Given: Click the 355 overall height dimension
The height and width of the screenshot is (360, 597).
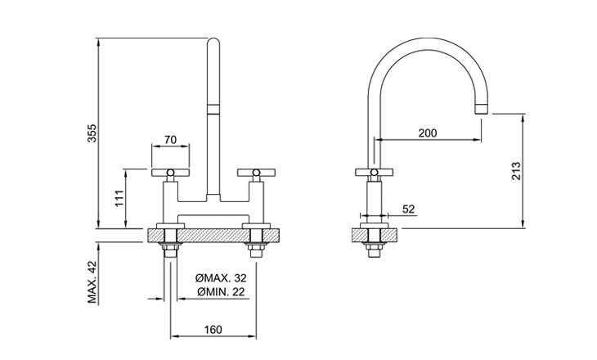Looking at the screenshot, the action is [x=92, y=133].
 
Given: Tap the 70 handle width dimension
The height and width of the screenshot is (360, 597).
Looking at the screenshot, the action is [x=171, y=140].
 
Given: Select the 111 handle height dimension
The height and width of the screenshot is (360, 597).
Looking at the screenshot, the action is [x=119, y=198].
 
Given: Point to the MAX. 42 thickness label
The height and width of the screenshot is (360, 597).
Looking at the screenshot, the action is [x=92, y=282].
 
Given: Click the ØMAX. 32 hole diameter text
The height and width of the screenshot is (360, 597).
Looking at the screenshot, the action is [x=221, y=278].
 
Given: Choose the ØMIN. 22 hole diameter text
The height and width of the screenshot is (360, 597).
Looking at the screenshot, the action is [x=221, y=292].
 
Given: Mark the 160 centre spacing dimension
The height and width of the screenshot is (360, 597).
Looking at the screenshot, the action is [x=213, y=330].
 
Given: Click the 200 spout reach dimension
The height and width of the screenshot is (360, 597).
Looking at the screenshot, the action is [x=428, y=133].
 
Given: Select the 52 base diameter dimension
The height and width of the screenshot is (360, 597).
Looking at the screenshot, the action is [x=409, y=209].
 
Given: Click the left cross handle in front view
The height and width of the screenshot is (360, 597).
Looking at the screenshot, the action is [x=170, y=173].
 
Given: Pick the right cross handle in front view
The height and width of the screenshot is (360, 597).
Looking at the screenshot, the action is [x=256, y=173].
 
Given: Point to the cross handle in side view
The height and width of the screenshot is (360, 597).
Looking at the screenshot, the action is [x=375, y=173].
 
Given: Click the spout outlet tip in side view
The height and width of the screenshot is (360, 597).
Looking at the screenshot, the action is [x=482, y=108].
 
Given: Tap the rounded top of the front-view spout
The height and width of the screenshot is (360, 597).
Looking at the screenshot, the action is [x=213, y=43].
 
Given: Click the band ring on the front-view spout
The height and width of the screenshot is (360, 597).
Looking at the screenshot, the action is [x=213, y=109].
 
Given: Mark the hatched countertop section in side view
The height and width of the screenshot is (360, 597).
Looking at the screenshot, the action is [x=375, y=235].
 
